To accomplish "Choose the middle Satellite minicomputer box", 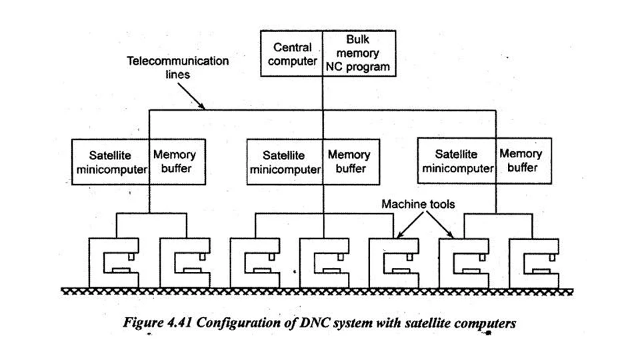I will pos(285,162).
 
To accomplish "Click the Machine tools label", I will pos(418,204).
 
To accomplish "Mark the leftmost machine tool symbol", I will pos(114,263).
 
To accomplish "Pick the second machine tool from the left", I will pos(183,263).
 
